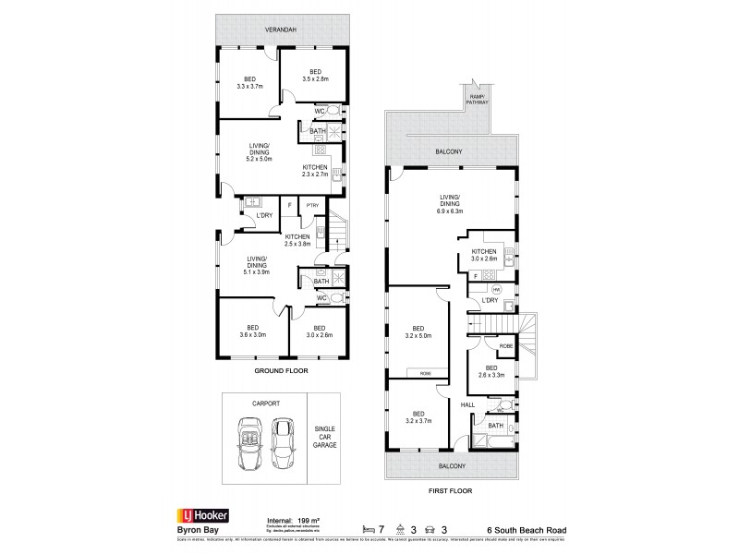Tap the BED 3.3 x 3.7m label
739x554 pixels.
point(249,82)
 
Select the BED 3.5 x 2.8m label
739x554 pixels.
point(315,76)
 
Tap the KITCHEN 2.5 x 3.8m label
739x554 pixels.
point(297,241)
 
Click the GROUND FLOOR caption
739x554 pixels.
point(281,370)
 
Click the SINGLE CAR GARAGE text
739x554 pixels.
point(324,437)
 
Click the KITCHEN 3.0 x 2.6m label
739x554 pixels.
point(484,255)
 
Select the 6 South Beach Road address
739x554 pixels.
point(527,529)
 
